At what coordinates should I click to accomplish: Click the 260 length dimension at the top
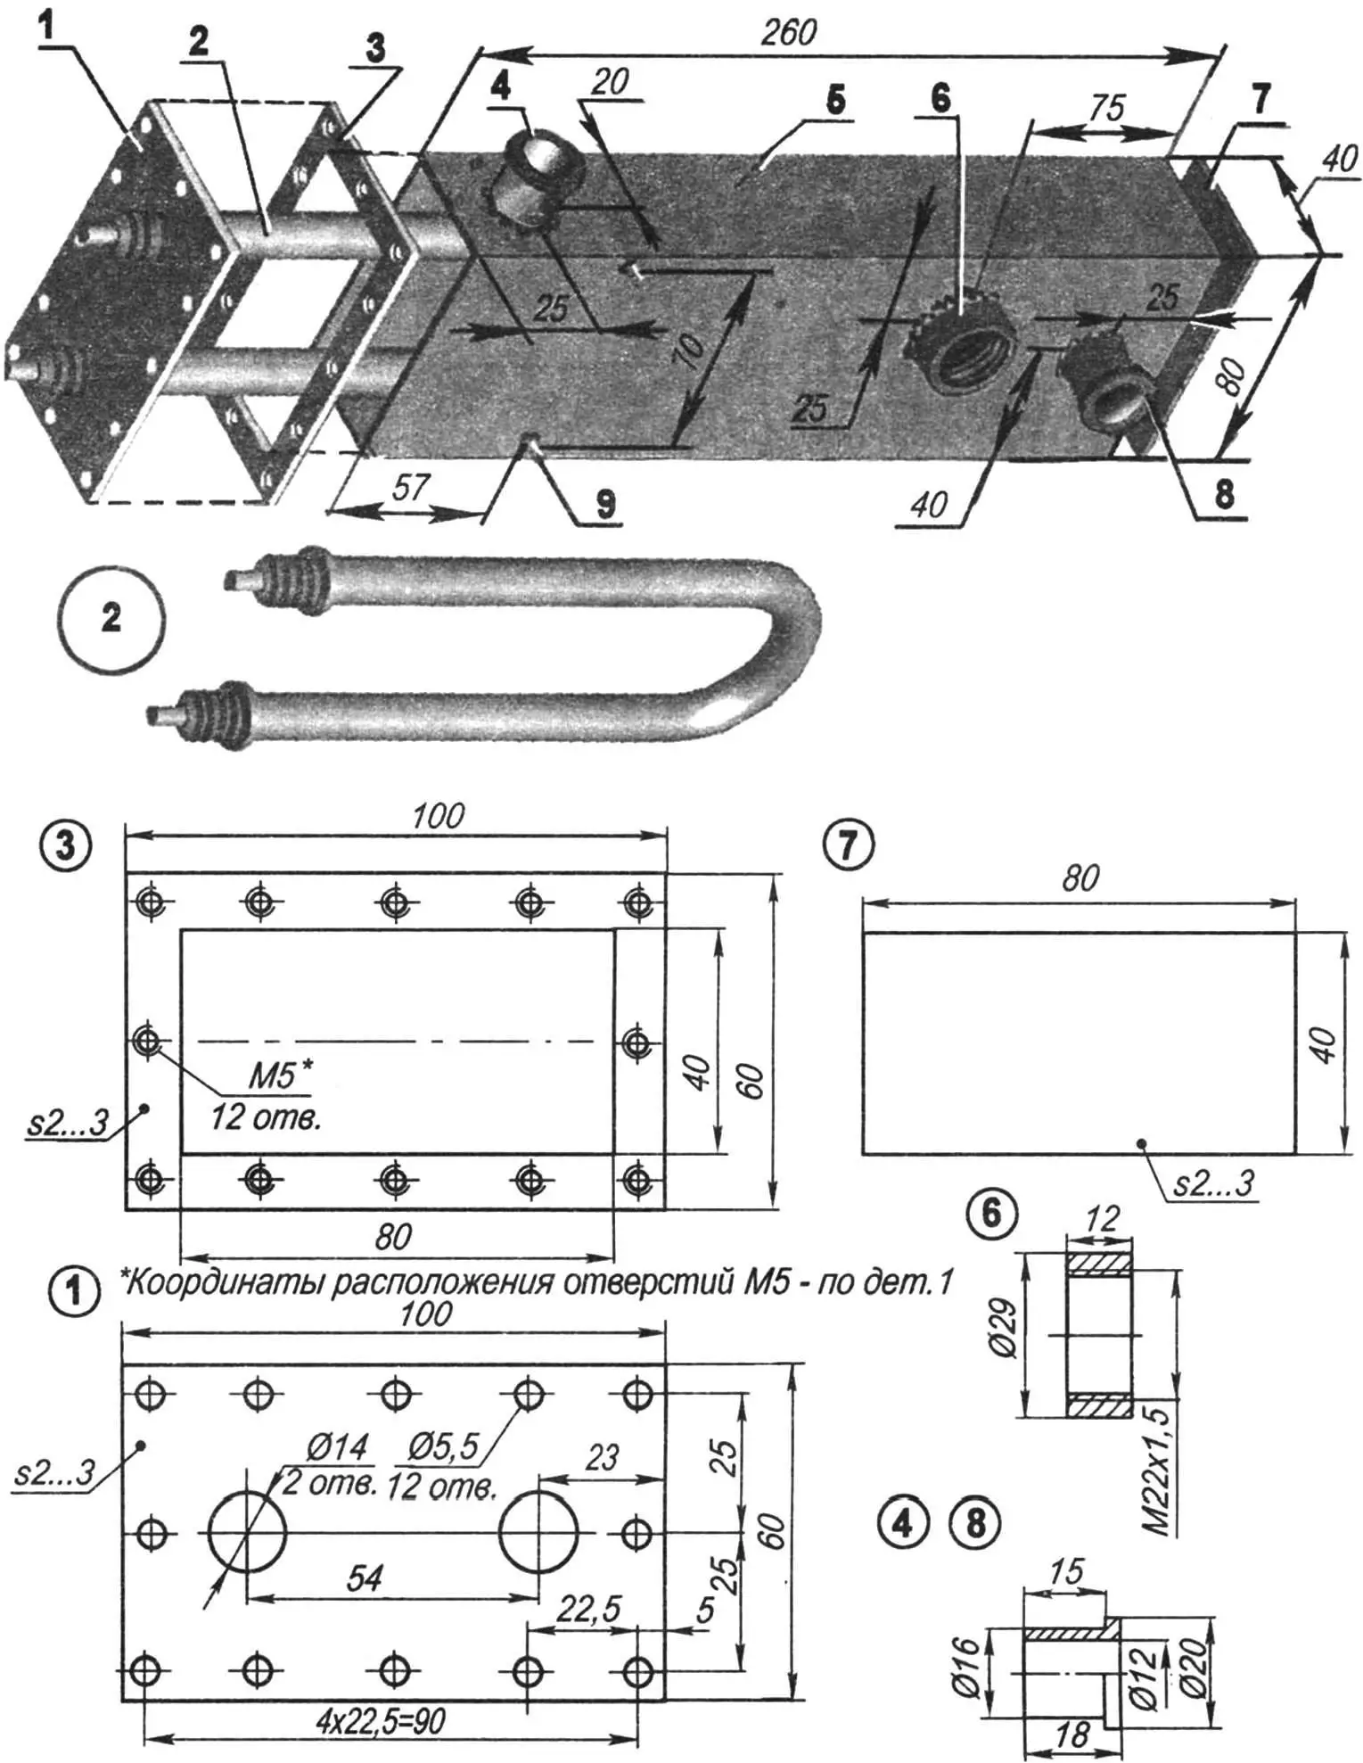tap(788, 33)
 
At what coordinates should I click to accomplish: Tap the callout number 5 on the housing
tap(834, 100)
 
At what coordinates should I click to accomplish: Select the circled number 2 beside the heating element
tap(111, 618)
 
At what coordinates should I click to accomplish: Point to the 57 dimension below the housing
tap(411, 488)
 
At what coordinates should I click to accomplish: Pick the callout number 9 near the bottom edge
tap(605, 505)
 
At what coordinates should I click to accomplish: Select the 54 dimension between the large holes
tap(365, 1578)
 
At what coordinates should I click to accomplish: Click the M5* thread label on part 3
tap(280, 1075)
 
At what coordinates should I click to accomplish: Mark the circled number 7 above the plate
tap(849, 844)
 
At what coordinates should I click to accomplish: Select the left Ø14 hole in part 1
tap(247, 1533)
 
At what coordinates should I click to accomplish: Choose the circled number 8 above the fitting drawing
tap(976, 1524)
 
